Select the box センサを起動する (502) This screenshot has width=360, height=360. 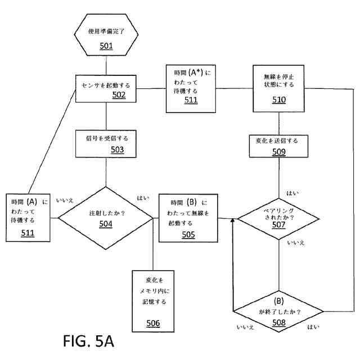[x=107, y=89]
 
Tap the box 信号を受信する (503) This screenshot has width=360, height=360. [x=107, y=143]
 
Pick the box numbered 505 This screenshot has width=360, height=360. [x=188, y=218]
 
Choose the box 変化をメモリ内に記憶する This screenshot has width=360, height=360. [x=153, y=301]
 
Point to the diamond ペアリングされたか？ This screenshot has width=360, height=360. [x=279, y=218]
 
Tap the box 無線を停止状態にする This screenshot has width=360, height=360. [x=279, y=89]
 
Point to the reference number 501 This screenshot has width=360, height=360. [x=107, y=46]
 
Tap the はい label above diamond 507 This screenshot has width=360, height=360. [x=292, y=193]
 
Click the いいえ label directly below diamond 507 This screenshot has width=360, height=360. [x=296, y=242]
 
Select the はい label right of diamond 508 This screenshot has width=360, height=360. [x=313, y=326]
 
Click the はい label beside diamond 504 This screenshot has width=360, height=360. [x=143, y=197]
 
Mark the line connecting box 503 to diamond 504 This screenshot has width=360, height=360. [x=107, y=171]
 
